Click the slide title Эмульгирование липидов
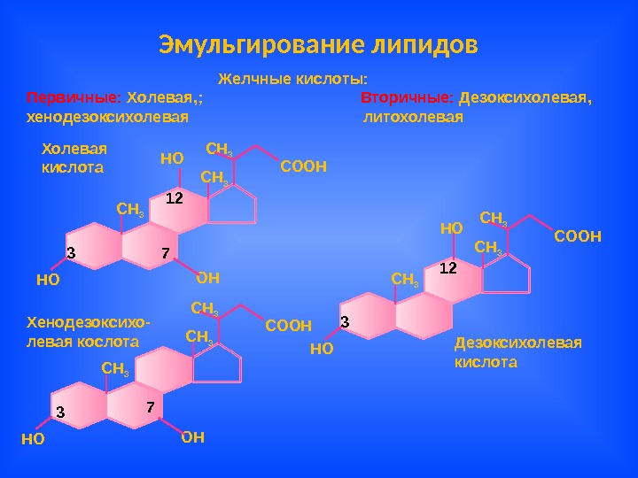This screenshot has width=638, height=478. (x=318, y=43)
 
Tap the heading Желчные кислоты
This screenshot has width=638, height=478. (x=292, y=79)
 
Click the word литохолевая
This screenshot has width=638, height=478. (x=414, y=117)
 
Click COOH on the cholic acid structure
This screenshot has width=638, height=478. (x=304, y=166)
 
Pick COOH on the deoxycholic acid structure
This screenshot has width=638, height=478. (x=578, y=236)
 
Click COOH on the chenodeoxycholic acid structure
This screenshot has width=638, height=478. (x=289, y=326)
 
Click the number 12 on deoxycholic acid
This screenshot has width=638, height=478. (x=447, y=266)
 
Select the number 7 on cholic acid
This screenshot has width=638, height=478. (x=165, y=254)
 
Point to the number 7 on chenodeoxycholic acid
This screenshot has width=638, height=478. (x=151, y=408)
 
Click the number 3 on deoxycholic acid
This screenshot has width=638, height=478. (x=345, y=321)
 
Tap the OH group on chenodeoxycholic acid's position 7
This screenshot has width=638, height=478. (x=192, y=436)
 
